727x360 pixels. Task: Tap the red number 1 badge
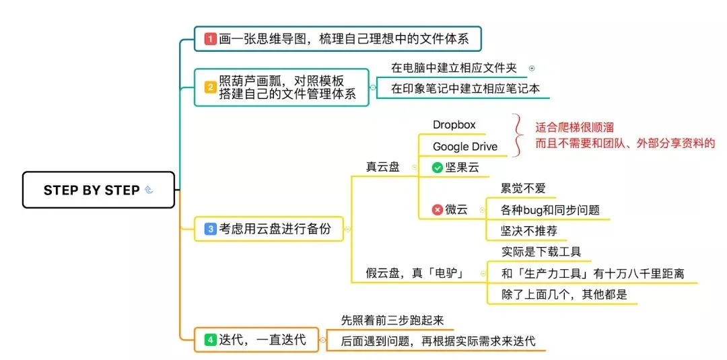(x=211, y=39)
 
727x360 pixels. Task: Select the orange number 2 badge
(x=210, y=87)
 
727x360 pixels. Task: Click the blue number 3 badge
(x=211, y=229)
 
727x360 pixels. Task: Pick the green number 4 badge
(x=210, y=340)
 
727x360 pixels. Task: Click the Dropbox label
(x=454, y=124)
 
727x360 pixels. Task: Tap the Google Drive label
(x=465, y=147)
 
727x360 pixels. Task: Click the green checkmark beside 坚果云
(x=438, y=168)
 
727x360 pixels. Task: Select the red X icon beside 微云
(x=438, y=210)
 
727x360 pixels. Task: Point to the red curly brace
(x=518, y=135)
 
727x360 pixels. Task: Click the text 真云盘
(x=382, y=168)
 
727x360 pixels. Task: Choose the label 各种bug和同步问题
(x=550, y=210)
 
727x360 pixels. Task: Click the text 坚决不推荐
(x=528, y=231)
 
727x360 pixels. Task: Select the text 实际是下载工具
(x=541, y=252)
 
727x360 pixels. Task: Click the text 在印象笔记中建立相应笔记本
(x=465, y=88)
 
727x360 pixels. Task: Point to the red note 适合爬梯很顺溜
(x=574, y=127)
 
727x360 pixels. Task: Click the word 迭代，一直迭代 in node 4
(x=263, y=340)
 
